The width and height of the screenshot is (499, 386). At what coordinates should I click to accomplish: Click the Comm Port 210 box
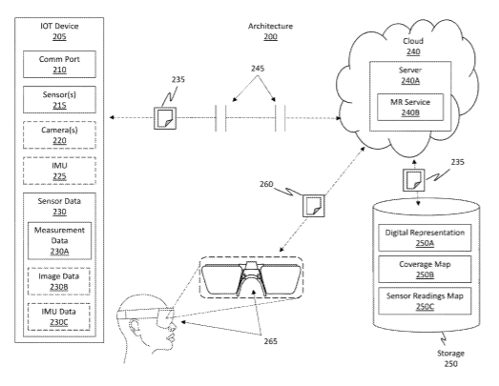click(x=59, y=64)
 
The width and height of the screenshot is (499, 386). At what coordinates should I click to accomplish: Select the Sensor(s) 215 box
click(x=59, y=99)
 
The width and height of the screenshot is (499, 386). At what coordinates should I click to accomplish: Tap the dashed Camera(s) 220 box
click(x=59, y=135)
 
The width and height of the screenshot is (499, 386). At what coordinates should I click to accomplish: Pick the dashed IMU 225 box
click(x=59, y=171)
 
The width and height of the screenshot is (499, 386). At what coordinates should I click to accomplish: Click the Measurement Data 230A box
click(x=59, y=241)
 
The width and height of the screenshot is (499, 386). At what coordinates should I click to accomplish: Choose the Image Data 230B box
click(x=59, y=281)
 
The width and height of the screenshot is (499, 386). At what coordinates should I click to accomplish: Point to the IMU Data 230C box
click(x=59, y=317)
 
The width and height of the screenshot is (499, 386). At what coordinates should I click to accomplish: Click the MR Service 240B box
click(x=410, y=107)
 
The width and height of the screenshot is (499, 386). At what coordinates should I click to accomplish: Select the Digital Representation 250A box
click(x=425, y=238)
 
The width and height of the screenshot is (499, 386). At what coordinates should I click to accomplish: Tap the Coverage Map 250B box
click(x=425, y=270)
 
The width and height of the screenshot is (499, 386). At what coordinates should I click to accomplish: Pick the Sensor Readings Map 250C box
click(x=425, y=301)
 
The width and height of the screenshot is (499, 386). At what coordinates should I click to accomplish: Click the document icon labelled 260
click(x=314, y=206)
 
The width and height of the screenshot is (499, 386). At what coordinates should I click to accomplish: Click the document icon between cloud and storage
click(x=414, y=180)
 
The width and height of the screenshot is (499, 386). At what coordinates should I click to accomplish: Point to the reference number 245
click(x=258, y=69)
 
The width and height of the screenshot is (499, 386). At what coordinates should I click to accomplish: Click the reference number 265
click(x=271, y=341)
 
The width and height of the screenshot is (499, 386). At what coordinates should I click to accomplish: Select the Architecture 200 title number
click(x=271, y=36)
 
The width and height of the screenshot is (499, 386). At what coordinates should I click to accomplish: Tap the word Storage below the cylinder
click(x=450, y=354)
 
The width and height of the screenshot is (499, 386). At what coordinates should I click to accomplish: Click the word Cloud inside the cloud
click(x=413, y=41)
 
